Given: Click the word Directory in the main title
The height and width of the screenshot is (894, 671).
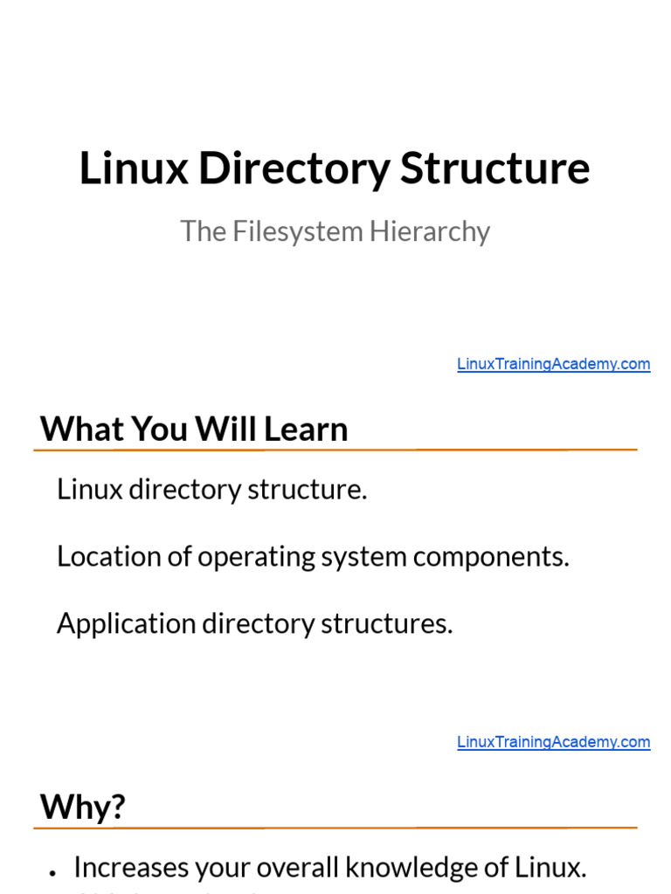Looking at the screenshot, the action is (x=294, y=169).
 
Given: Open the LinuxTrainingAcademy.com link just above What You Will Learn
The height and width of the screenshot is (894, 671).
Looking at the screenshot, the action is (x=553, y=364).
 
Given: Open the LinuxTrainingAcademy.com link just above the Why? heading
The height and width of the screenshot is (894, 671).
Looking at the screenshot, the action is (x=553, y=742).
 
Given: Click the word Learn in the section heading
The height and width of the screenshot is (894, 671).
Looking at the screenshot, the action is (x=306, y=429).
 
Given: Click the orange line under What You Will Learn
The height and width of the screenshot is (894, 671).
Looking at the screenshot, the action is (x=335, y=450).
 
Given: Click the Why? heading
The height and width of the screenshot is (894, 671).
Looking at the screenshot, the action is (x=83, y=807).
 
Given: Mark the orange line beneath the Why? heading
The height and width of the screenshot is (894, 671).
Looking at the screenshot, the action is (x=335, y=827).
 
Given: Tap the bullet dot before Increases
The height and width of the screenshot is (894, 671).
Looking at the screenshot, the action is (x=54, y=871).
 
